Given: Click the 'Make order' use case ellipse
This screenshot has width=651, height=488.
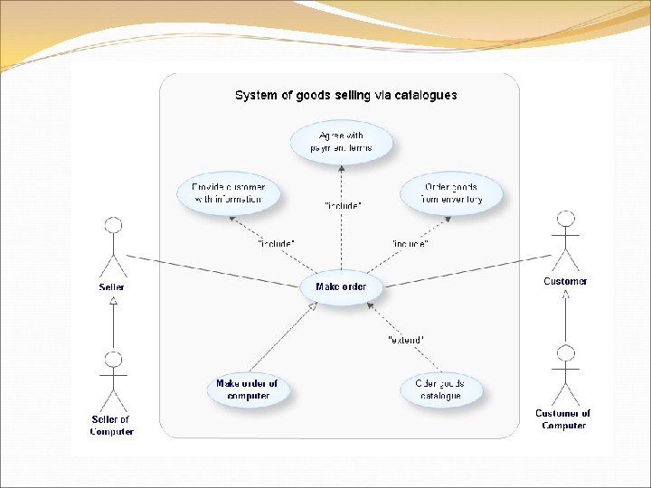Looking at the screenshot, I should point(341,287).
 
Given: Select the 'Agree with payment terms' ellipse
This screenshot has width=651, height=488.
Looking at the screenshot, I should point(341,142).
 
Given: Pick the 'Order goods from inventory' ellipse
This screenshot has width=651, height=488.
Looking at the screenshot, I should point(452,193).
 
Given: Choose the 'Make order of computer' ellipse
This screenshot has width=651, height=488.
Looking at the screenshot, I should point(247,389).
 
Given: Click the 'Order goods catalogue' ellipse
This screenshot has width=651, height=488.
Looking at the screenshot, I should point(440,389).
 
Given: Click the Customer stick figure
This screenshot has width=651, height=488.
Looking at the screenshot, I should point(566,239).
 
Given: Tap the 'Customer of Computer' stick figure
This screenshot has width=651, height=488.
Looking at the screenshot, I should point(566,374).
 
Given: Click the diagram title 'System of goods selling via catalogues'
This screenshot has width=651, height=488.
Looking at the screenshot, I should point(345,95).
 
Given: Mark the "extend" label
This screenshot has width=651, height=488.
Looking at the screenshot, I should point(406,340).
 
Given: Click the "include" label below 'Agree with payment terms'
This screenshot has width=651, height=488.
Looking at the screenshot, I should point(344,206).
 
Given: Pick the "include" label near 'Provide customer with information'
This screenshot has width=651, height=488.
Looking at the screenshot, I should point(276,244).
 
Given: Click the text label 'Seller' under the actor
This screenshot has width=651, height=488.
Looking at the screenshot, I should point(112,287).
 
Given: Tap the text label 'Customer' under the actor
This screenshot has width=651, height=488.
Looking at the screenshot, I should point(565,281).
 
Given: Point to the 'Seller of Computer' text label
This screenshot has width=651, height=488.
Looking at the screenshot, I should point(111,426).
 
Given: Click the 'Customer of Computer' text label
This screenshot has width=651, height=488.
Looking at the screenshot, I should point(562,419).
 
